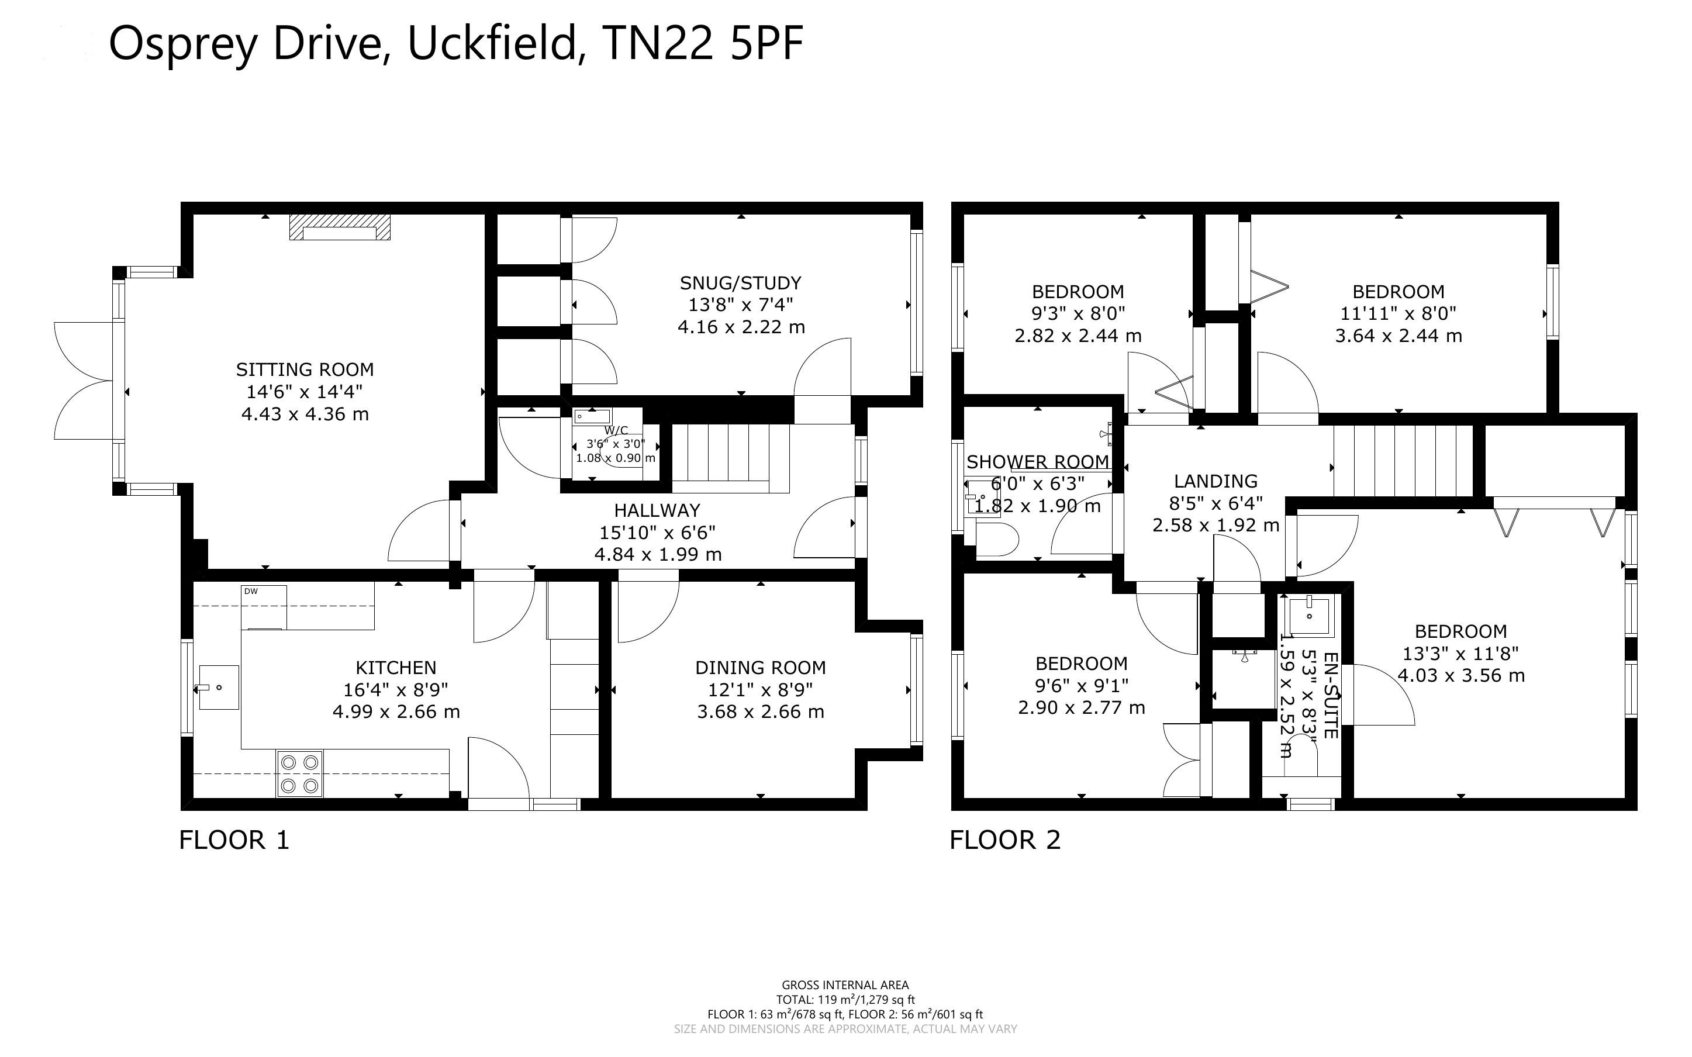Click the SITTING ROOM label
(x=305, y=369)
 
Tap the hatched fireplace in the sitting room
(x=340, y=227)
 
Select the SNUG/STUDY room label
(x=741, y=283)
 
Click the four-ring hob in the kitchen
(x=300, y=774)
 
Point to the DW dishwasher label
(x=251, y=592)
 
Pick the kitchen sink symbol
(x=218, y=687)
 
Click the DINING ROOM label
(x=761, y=668)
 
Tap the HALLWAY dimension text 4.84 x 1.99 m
(x=658, y=554)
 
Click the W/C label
(x=616, y=430)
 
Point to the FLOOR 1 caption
(x=234, y=840)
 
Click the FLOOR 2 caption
(x=1005, y=840)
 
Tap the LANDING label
(x=1216, y=481)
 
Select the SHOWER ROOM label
(x=1038, y=461)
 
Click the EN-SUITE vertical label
(x=1331, y=696)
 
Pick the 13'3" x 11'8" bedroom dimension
(x=1460, y=654)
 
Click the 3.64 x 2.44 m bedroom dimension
(x=1399, y=336)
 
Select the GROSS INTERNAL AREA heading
(x=845, y=986)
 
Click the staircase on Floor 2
(x=1403, y=460)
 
